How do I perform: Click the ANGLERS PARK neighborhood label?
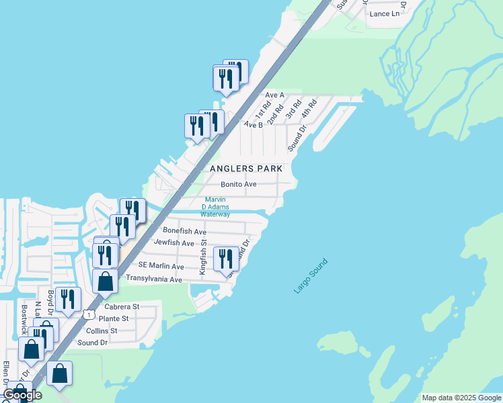pyautogui.click(x=246, y=168)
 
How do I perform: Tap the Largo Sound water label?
pyautogui.click(x=311, y=275)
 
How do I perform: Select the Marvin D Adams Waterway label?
pyautogui.click(x=217, y=207)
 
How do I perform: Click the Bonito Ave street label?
pyautogui.click(x=239, y=184)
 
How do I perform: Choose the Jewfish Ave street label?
pyautogui.click(x=173, y=242)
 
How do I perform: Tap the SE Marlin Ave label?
pyautogui.click(x=161, y=267)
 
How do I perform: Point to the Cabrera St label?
pyautogui.click(x=122, y=306)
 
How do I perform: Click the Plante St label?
pyautogui.click(x=113, y=318)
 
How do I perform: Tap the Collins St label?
pyautogui.click(x=102, y=330)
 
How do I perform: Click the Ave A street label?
pyautogui.click(x=274, y=95)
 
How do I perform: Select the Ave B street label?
pyautogui.click(x=253, y=124)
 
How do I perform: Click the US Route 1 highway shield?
pyautogui.click(x=88, y=314)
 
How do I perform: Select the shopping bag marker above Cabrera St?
pyautogui.click(x=106, y=281)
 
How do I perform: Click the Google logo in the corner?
pyautogui.click(x=22, y=395)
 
